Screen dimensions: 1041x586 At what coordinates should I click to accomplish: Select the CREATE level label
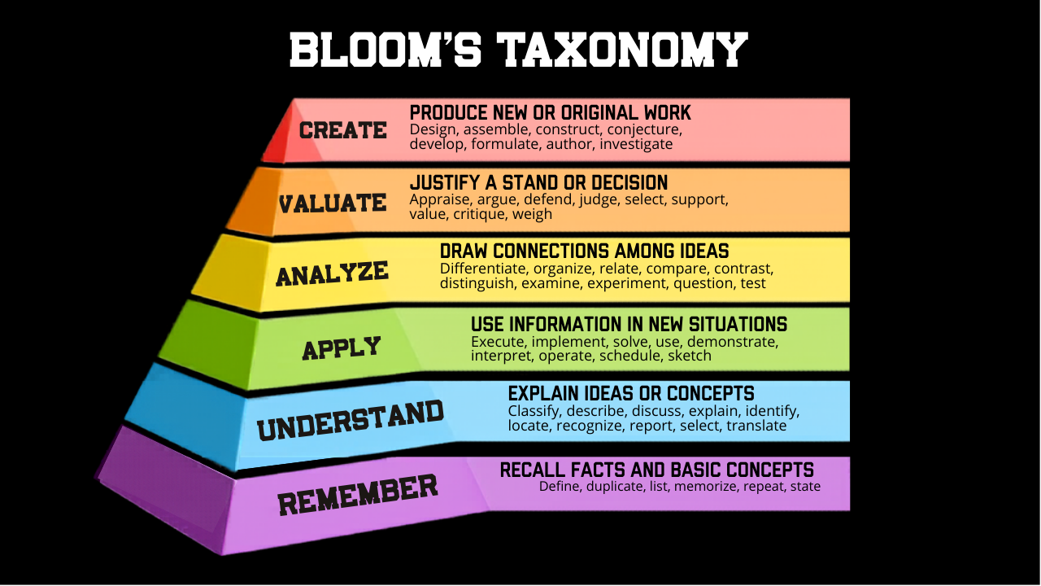tap(342, 130)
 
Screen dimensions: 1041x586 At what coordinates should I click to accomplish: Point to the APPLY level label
tap(342, 348)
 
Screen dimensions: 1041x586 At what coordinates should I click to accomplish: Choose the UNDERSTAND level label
tap(351, 420)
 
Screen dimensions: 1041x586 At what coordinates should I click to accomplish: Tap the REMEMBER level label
tap(358, 494)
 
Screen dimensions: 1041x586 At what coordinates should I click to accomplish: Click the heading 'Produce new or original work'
tap(550, 112)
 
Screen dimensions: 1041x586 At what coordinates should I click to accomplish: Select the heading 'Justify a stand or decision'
tap(538, 182)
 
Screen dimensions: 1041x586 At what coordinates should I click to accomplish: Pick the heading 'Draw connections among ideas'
tap(584, 251)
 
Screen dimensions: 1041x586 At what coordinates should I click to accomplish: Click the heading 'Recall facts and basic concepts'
tap(656, 470)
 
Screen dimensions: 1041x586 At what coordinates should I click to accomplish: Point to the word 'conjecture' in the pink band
tap(647, 129)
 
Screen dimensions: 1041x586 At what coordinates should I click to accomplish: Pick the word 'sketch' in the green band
tap(690, 355)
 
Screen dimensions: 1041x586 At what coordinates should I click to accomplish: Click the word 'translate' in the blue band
tap(756, 425)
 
